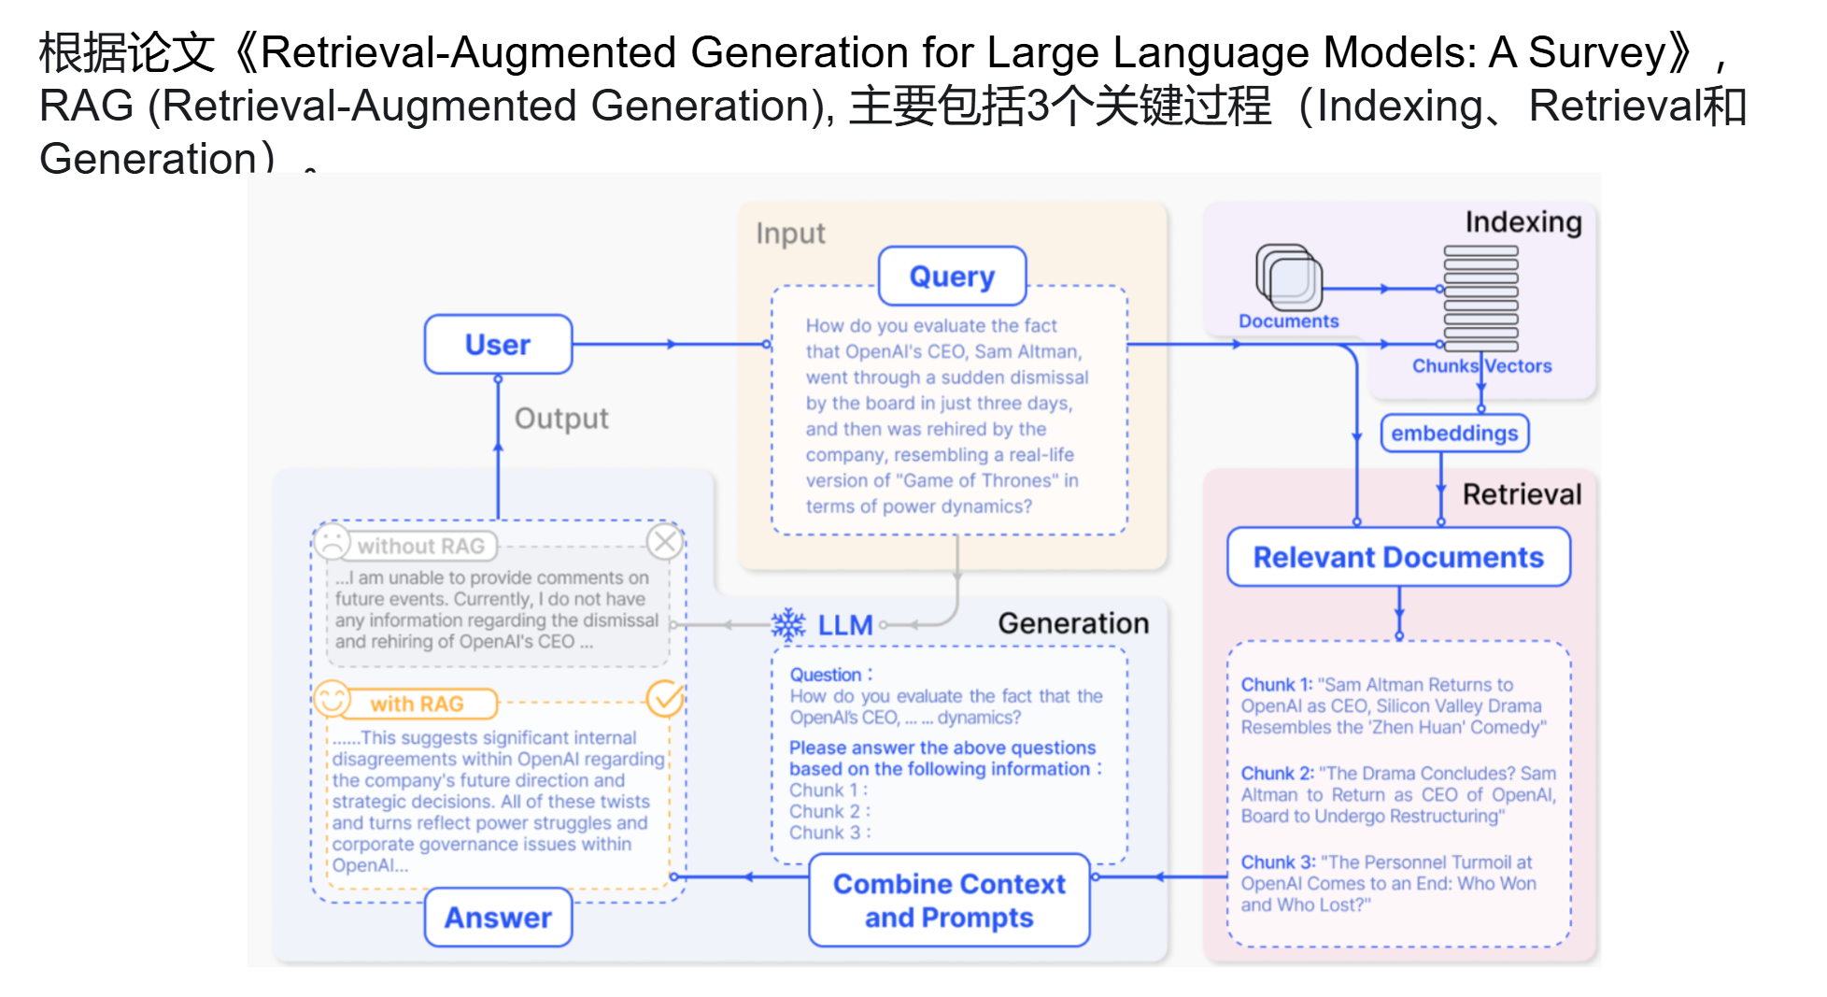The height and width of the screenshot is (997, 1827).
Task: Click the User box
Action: point(498,345)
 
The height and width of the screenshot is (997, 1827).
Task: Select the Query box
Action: point(952,277)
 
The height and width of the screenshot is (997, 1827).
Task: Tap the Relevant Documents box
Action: point(1398,558)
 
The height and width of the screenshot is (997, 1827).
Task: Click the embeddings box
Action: point(1454,434)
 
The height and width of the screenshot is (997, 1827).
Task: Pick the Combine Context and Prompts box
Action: point(949,901)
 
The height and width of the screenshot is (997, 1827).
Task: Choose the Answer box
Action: point(498,918)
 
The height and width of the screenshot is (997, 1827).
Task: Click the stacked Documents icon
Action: point(1289,278)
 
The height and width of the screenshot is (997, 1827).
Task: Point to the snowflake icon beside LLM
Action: point(788,625)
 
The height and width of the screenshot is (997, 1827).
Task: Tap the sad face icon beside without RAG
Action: point(332,542)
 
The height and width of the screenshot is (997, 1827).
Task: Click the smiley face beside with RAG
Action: point(332,699)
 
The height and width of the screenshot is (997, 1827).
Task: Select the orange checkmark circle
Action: point(665,698)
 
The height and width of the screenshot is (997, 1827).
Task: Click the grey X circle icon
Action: point(665,541)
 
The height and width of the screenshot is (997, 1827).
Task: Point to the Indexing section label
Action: point(1523,222)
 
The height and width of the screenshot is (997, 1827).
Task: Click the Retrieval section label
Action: point(1522,494)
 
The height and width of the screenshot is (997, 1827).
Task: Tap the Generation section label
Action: point(1073,623)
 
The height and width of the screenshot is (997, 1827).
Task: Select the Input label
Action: point(790,234)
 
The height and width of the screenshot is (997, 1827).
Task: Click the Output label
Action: point(561,419)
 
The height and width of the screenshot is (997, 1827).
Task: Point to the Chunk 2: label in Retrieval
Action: point(1277,774)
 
